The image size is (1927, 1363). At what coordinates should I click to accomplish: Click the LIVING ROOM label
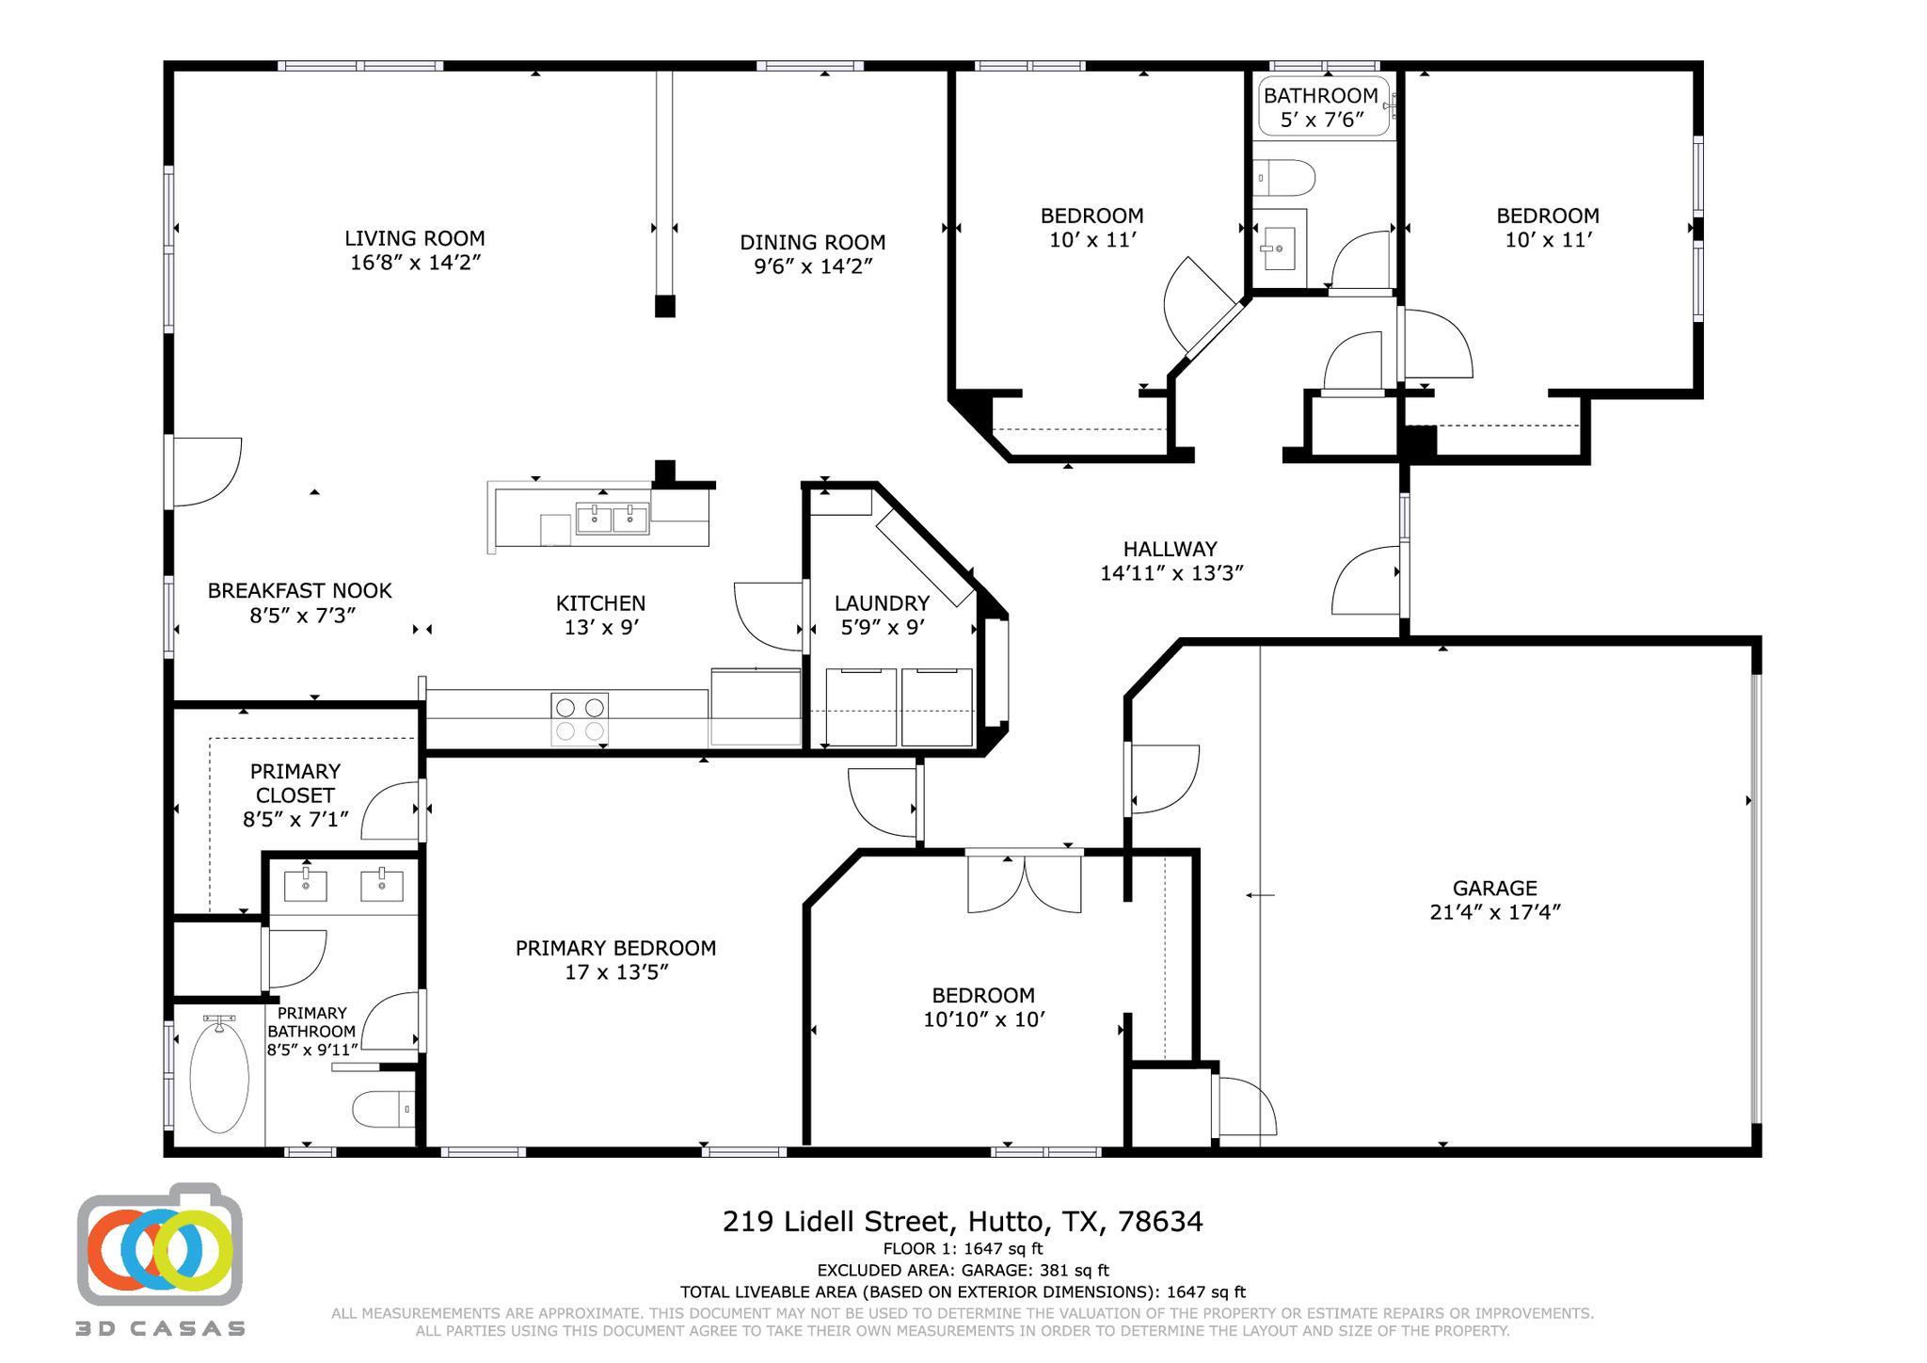(x=414, y=239)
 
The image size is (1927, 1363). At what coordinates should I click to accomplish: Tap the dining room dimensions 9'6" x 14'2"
(x=813, y=266)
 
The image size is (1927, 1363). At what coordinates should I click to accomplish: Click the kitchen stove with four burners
(x=580, y=719)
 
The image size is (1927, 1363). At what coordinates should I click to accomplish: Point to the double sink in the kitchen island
(x=612, y=519)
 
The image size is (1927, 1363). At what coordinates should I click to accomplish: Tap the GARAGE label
(x=1494, y=888)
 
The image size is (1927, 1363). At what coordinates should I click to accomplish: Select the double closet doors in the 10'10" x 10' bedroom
(x=1024, y=882)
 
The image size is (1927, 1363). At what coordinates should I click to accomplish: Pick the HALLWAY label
(x=1170, y=549)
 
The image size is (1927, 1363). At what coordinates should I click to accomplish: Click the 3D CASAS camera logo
(x=160, y=1246)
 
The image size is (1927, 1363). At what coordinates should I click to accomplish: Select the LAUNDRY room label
(x=882, y=603)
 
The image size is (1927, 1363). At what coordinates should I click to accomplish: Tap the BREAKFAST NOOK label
(x=299, y=590)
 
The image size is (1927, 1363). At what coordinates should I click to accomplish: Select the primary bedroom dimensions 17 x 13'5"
(x=615, y=972)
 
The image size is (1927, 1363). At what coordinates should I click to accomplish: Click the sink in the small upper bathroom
(x=1279, y=248)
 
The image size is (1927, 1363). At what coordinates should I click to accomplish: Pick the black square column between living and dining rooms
(x=664, y=306)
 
